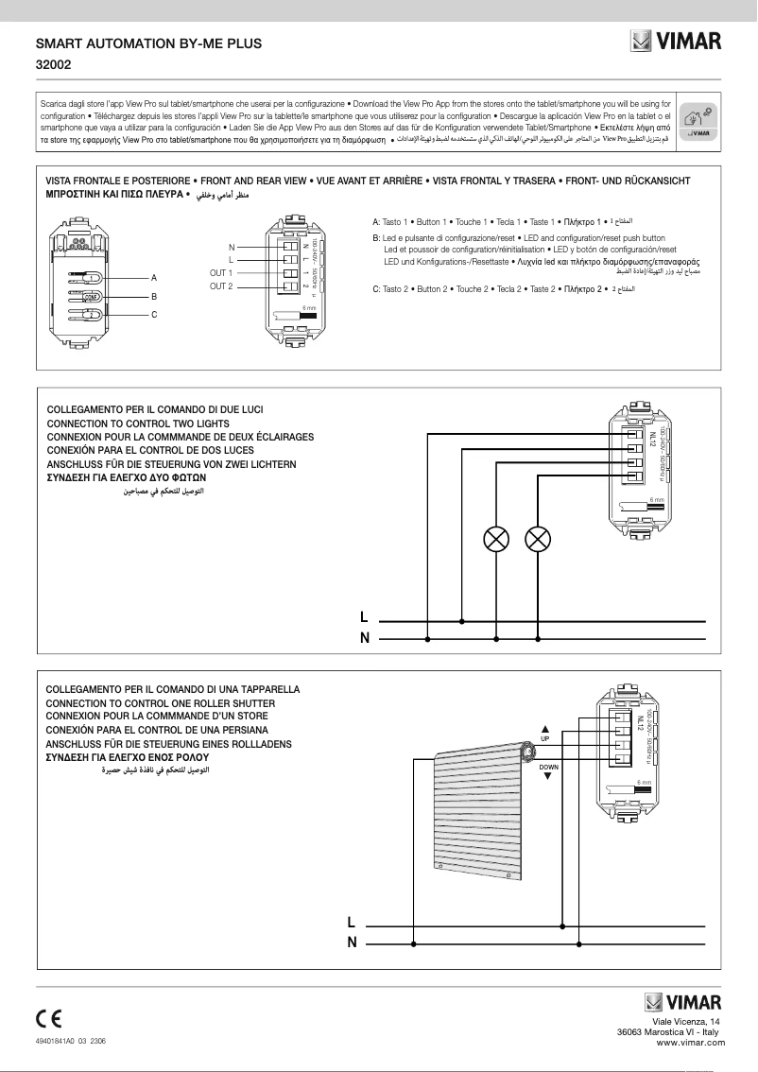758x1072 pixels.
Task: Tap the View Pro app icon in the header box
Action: click(x=700, y=121)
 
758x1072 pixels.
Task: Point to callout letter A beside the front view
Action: click(x=154, y=278)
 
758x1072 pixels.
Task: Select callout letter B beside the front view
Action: click(x=154, y=296)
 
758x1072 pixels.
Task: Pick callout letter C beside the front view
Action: click(x=154, y=313)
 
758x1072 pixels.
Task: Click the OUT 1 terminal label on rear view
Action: click(x=221, y=272)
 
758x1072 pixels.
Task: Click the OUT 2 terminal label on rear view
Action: click(x=221, y=285)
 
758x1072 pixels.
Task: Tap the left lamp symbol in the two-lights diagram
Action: click(x=495, y=540)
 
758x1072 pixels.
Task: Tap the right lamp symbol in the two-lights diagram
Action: click(x=537, y=540)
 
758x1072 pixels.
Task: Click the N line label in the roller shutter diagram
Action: click(x=352, y=942)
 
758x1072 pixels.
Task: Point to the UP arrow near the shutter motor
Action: click(x=546, y=729)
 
